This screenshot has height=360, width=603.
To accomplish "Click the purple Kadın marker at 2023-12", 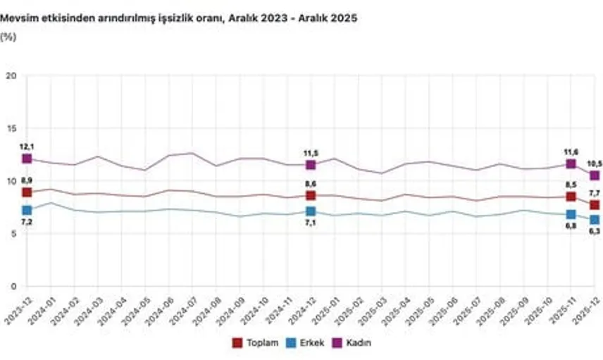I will coord(27,159).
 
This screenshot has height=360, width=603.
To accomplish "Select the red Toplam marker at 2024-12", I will coord(311,195).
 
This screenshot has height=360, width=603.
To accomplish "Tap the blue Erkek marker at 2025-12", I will coord(595,220).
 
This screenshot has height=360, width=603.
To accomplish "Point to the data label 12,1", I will coord(27,146).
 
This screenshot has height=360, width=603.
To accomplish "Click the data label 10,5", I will coord(595,163).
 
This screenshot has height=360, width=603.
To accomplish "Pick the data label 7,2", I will coord(27,221).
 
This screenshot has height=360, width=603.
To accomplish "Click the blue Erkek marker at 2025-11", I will coord(571,214).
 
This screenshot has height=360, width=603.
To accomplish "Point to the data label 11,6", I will coord(571,151).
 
